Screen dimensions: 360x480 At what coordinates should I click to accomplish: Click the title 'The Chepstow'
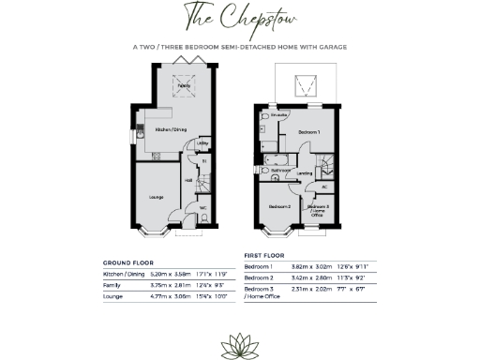238,20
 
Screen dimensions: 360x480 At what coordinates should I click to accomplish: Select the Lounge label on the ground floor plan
157,197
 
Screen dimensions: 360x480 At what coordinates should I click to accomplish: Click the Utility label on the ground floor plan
202,143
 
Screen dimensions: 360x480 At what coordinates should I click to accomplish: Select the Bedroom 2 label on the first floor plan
278,205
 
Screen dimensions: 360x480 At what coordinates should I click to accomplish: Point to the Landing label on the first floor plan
305,173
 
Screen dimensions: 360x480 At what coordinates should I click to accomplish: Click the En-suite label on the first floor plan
266,114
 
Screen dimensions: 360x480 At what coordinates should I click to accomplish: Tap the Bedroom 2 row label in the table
259,277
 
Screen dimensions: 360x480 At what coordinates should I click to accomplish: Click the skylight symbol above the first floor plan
306,86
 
